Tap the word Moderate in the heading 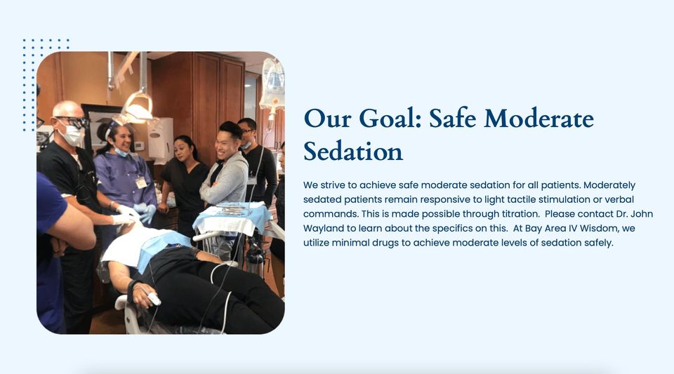tap(539, 119)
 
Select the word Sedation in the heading tap(353, 151)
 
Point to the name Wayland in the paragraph tap(323, 229)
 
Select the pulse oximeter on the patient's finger tap(153, 298)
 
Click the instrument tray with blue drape tap(232, 218)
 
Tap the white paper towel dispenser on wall tap(160, 138)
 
